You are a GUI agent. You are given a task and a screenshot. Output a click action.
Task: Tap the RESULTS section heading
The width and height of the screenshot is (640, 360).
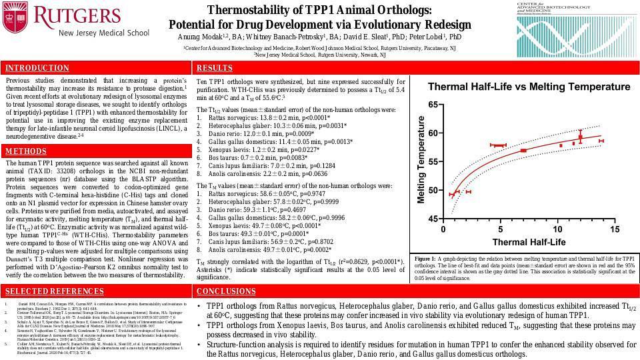215,68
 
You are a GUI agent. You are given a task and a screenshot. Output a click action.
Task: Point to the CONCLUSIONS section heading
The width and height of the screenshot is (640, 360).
226,291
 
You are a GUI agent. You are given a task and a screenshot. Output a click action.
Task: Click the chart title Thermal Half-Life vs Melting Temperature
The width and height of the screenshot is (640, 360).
519,87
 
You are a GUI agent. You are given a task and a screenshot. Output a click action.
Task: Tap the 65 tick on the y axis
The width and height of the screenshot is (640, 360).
433,105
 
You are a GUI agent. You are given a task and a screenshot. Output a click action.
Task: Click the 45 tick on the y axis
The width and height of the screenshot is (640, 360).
433,219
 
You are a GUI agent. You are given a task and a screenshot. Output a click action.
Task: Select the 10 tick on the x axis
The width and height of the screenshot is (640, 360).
557,229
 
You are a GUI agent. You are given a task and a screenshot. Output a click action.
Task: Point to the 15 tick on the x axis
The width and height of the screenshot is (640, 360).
614,229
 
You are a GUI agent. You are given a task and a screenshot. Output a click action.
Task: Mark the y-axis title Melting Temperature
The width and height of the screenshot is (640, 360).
421,160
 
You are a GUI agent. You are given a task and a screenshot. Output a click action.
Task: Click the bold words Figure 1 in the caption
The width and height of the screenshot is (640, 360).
425,258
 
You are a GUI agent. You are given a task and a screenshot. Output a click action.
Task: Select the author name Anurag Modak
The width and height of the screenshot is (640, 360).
201,37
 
